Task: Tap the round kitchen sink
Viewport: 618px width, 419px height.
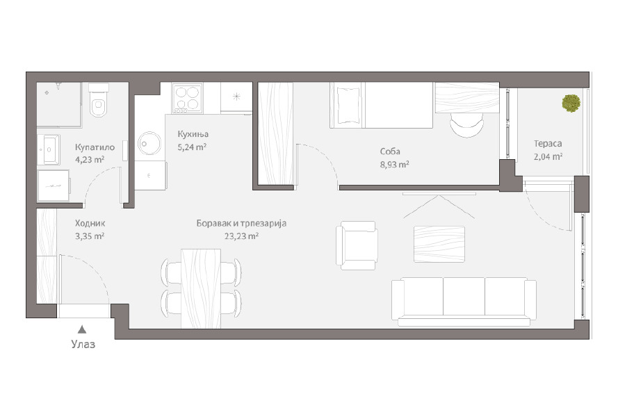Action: click(149, 143)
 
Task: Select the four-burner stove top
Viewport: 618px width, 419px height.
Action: click(187, 98)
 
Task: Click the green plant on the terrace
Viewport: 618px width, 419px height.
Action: click(571, 103)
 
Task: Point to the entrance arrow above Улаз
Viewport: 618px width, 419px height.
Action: click(81, 329)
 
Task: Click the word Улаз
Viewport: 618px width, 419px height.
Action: click(83, 344)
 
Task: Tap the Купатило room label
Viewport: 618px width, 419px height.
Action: click(95, 147)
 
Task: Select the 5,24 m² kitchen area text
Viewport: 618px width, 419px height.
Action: click(192, 147)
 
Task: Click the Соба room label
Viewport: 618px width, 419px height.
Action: click(390, 151)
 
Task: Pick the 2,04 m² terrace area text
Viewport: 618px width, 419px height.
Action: click(548, 156)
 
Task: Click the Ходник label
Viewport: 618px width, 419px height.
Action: click(90, 223)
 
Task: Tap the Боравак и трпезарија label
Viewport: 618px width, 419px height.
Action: click(241, 223)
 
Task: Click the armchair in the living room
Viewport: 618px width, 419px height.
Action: click(357, 245)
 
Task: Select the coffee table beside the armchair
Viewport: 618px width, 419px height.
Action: click(439, 244)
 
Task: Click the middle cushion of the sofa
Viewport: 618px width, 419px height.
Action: click(464, 296)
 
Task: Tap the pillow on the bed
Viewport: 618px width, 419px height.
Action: click(347, 105)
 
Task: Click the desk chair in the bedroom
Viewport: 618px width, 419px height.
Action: click(466, 124)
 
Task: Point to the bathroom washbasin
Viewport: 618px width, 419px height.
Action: click(49, 149)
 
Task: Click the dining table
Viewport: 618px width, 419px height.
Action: click(201, 288)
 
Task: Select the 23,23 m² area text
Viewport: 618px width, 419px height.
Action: click(241, 236)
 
